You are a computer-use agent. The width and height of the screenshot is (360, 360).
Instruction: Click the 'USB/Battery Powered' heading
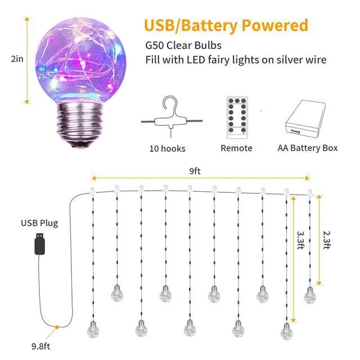[226, 25]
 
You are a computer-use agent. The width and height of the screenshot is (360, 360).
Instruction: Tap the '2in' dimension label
[17, 59]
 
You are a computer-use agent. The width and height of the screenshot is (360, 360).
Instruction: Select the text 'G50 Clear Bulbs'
[183, 46]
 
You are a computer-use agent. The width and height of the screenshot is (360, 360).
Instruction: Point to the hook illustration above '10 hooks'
[171, 116]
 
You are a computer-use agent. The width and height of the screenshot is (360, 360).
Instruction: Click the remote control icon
[237, 118]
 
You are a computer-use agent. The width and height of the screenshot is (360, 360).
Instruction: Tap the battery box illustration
[305, 119]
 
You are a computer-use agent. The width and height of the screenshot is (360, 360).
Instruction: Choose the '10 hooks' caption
[168, 148]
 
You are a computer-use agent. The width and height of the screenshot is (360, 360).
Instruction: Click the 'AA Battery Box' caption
[308, 148]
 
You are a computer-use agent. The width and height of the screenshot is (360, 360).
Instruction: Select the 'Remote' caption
[236, 148]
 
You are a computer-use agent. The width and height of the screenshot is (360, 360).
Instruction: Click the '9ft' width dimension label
[195, 171]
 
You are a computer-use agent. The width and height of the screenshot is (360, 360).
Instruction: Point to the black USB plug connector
[40, 244]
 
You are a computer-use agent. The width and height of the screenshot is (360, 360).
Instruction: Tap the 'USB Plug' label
[39, 223]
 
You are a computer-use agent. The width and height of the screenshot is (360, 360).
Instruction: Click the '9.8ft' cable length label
[40, 346]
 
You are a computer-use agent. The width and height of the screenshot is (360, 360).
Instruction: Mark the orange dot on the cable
[57, 327]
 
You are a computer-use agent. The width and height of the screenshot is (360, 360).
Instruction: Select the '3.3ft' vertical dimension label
[300, 240]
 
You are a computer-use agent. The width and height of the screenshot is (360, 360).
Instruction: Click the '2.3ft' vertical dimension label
[326, 240]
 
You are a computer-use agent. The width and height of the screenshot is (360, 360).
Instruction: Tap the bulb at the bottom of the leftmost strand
[93, 330]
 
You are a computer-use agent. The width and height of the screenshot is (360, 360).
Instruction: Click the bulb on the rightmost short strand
[310, 295]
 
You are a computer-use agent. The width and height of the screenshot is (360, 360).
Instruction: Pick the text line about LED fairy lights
[236, 60]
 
